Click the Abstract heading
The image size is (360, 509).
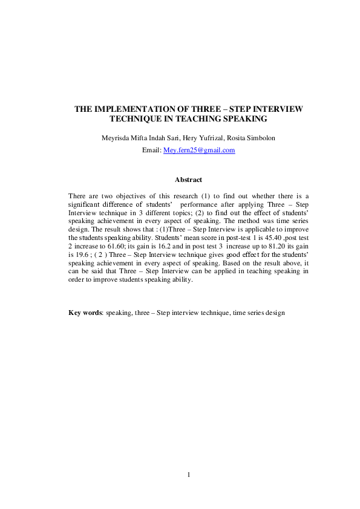point(188,180)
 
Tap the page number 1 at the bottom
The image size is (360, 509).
point(189,475)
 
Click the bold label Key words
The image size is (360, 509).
point(85,313)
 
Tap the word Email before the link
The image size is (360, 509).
point(151,150)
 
